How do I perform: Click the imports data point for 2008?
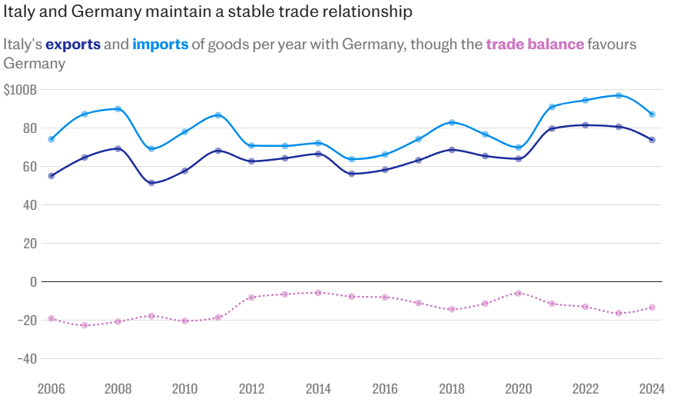point(118,109)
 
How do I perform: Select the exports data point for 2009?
point(151,183)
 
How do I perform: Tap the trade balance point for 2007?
point(85,325)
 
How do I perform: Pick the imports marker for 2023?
point(619,95)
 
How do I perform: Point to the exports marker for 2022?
point(585,125)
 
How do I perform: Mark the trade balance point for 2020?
point(519,293)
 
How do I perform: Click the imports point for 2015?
point(352,159)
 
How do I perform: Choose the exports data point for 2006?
point(51,176)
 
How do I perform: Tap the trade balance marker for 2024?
point(652,307)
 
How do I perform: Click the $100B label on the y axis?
point(20,90)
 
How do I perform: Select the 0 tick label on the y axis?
point(33,282)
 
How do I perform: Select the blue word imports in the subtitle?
point(160,44)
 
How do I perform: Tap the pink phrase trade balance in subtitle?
point(535,44)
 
